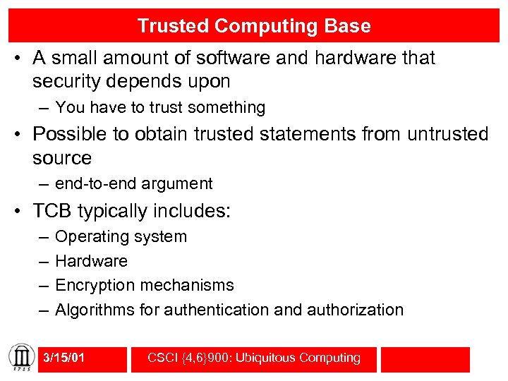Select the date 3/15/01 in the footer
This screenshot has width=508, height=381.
[64, 358]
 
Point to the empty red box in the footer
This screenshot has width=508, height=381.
[425, 359]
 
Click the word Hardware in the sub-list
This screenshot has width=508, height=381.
[91, 261]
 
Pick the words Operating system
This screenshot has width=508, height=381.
[121, 236]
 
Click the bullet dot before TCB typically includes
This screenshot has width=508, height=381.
[22, 211]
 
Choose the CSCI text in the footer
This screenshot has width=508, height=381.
[163, 358]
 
